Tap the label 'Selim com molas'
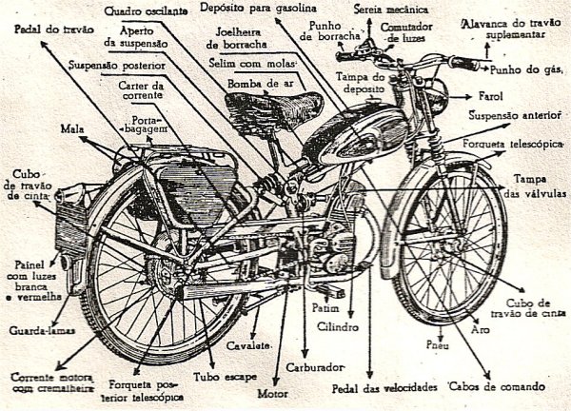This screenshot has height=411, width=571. point(251,63)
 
